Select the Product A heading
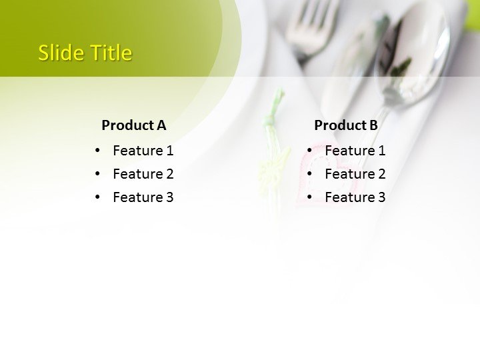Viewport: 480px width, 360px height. coord(133,125)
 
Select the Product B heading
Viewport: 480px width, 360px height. coord(345,125)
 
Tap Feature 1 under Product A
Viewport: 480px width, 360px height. coord(143,151)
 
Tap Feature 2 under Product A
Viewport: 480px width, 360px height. coord(143,174)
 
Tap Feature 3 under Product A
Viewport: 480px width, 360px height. coord(143,197)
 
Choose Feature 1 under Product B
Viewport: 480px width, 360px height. coord(355,151)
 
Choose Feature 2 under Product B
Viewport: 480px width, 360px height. coord(355,174)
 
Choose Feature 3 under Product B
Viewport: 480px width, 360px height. coord(355,197)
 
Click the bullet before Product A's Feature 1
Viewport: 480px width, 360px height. coord(98,151)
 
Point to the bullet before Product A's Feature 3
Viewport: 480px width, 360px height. coord(98,197)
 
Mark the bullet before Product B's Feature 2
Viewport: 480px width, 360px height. coord(310,174)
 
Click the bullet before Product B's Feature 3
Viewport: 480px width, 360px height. coord(310,197)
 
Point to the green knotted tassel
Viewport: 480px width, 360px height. coord(271,120)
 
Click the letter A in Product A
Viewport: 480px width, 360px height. coord(161,125)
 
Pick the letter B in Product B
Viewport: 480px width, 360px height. coord(373,125)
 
